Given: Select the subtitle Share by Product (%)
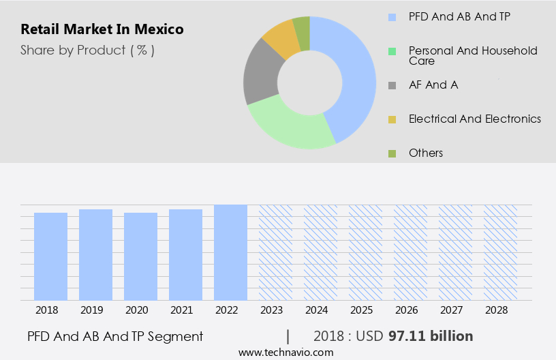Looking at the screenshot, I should tap(87, 50).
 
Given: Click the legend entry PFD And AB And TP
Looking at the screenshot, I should tap(459, 16).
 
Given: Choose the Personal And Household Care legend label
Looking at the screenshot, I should tap(472, 55).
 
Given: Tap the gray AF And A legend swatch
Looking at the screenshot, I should tap(392, 85).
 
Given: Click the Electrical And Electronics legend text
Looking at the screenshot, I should tap(474, 119).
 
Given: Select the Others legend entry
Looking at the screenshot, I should tap(425, 153).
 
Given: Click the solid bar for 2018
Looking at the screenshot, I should tap(51, 256).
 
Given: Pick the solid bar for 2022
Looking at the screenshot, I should tap(230, 252).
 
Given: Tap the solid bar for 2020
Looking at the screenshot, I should tap(141, 256).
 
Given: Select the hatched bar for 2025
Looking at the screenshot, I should tap(365, 252).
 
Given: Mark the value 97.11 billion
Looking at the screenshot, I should tap(431, 336).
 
